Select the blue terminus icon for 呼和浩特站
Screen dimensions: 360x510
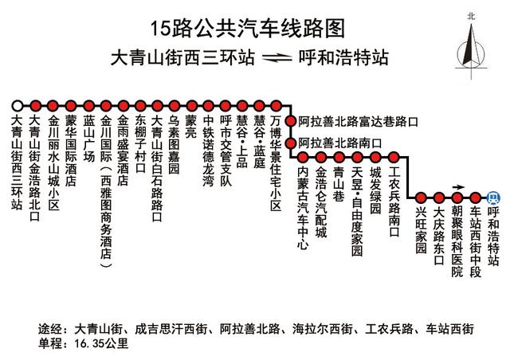tap(492, 198)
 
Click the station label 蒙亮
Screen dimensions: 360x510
tap(190, 126)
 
